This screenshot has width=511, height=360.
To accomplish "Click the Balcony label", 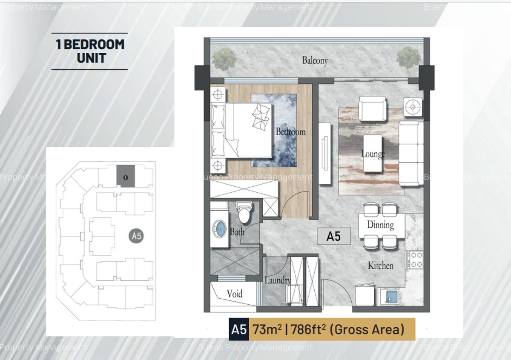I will [315, 60].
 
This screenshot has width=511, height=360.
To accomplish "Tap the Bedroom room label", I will [290, 131].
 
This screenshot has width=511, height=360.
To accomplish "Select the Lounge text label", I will [373, 154].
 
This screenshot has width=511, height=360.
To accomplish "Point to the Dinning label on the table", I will [380, 225].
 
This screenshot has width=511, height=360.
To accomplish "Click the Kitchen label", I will [380, 266].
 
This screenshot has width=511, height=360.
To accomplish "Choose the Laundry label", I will [277, 280].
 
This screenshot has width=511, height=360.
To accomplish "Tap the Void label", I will [235, 294].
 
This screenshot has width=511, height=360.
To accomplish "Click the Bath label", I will [237, 232].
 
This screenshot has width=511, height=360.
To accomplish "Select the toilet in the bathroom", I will [244, 213].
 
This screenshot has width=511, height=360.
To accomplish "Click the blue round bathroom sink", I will [220, 229].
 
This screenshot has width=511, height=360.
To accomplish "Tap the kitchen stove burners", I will [414, 259].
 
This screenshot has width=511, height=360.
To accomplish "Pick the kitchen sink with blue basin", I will [389, 297].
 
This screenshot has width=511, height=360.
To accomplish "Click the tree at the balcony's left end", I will [224, 58].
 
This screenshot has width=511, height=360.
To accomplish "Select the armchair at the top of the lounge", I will [372, 109].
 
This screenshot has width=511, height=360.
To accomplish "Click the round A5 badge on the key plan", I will [136, 236].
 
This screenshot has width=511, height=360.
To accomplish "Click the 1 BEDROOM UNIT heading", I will [90, 51].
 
